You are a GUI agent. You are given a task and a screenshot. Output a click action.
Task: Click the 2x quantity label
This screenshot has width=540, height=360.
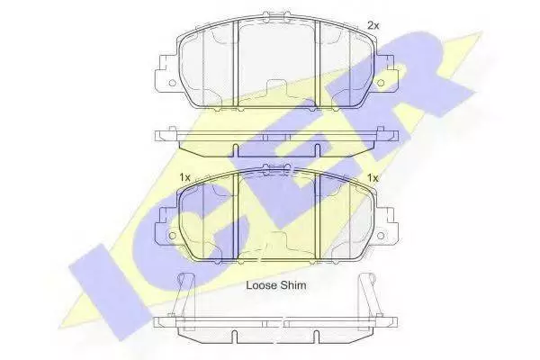tap(373, 25)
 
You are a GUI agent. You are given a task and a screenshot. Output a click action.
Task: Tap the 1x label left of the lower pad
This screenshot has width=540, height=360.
tap(184, 178)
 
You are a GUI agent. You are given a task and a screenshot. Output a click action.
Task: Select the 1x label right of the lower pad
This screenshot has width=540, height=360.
tap(373, 178)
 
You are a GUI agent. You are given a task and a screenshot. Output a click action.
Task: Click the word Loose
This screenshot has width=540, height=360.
tap(261, 285)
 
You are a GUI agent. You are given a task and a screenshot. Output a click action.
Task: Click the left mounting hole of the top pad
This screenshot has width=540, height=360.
tap(172, 83)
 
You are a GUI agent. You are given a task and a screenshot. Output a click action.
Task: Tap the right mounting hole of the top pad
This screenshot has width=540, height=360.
tap(381, 83)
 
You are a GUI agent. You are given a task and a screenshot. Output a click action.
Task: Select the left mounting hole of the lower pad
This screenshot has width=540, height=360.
tap(172, 236)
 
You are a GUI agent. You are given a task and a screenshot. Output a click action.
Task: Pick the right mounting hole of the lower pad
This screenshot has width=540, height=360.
tap(381, 236)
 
